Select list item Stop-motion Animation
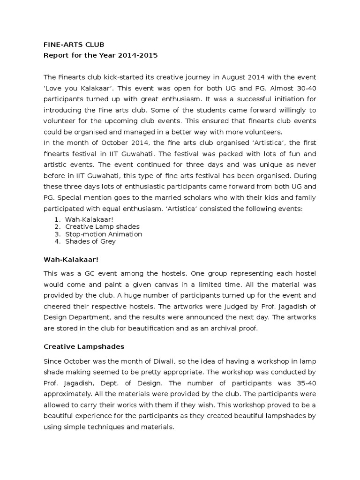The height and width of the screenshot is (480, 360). point(104,234)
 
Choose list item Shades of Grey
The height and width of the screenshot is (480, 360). point(90,241)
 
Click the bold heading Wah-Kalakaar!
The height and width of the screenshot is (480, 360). point(71,259)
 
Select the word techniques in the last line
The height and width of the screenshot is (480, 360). point(107,427)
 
